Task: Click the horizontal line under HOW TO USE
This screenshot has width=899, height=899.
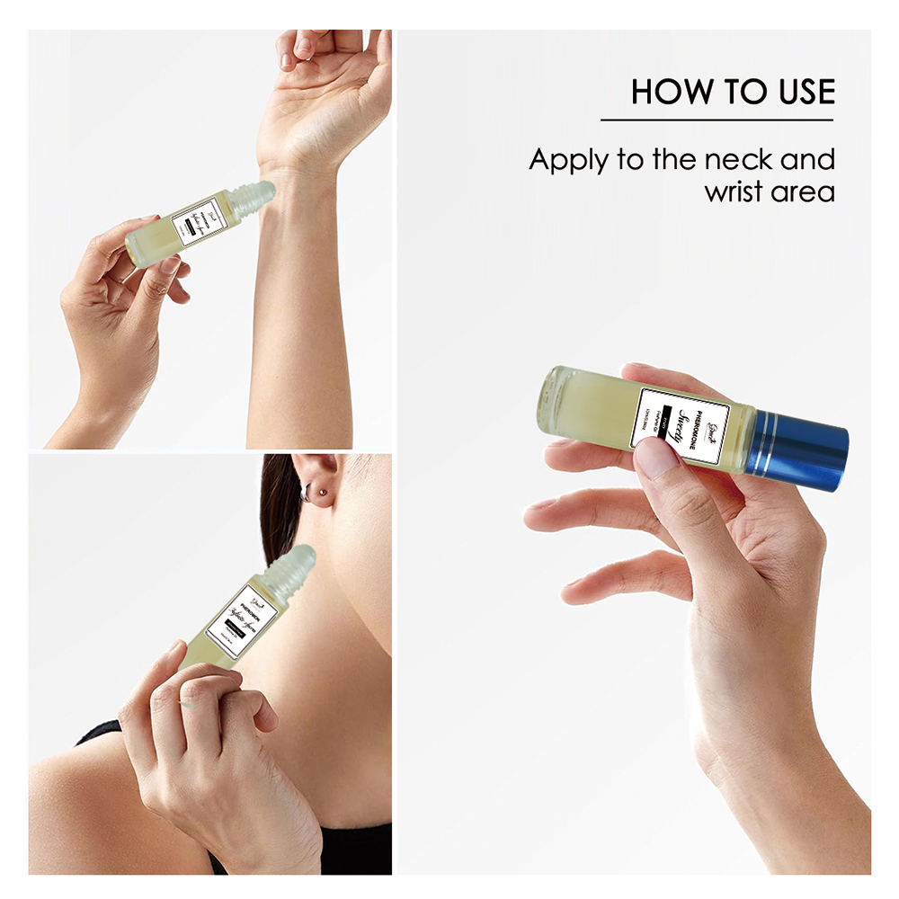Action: coord(717,120)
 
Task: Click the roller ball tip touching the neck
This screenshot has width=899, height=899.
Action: coord(298,561)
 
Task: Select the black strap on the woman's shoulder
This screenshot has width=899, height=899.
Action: coord(99,733)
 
